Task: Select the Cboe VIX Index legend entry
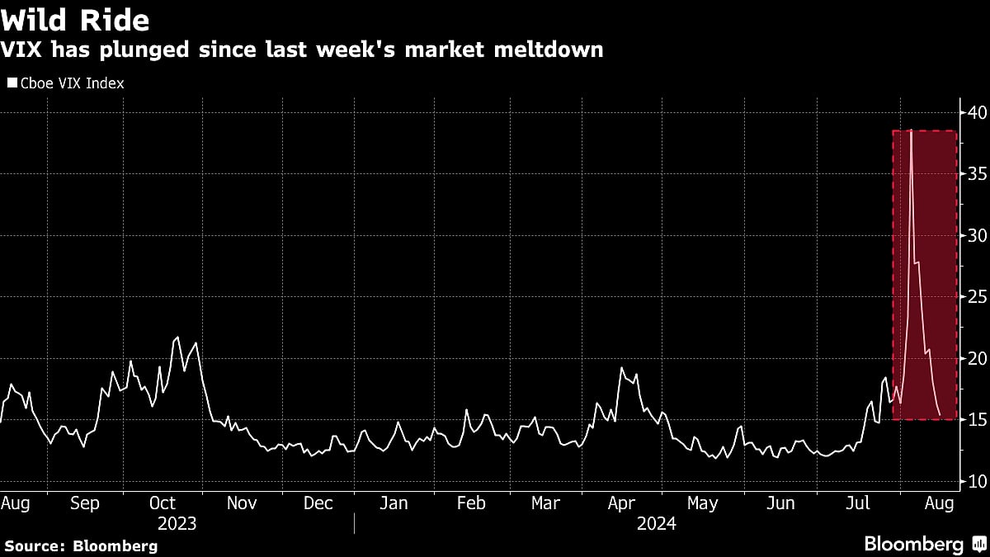[66, 83]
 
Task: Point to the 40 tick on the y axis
[977, 112]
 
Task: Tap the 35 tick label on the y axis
[977, 174]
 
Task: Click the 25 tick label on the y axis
[977, 296]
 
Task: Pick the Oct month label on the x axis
[163, 503]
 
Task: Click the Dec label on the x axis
[318, 503]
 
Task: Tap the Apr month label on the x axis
[620, 503]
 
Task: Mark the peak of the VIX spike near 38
[911, 131]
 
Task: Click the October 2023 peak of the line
[177, 338]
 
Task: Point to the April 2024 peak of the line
[621, 368]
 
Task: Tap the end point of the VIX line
[940, 414]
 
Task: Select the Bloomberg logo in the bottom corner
[924, 544]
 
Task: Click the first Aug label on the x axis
[15, 503]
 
